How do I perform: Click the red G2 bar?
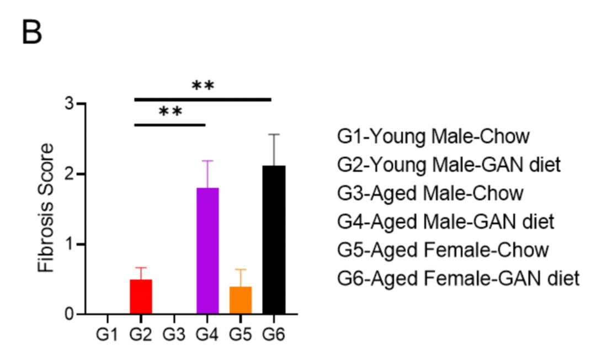tap(141, 297)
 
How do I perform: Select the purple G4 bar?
tap(207, 251)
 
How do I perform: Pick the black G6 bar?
tap(274, 240)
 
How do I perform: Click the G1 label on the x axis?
tap(107, 335)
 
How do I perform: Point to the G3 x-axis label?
tap(174, 335)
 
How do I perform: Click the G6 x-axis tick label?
tap(274, 335)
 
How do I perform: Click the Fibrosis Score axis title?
tap(46, 209)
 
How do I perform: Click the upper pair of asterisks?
tap(203, 86)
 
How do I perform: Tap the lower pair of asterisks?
tap(170, 112)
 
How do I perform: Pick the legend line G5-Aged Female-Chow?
tap(443, 250)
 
